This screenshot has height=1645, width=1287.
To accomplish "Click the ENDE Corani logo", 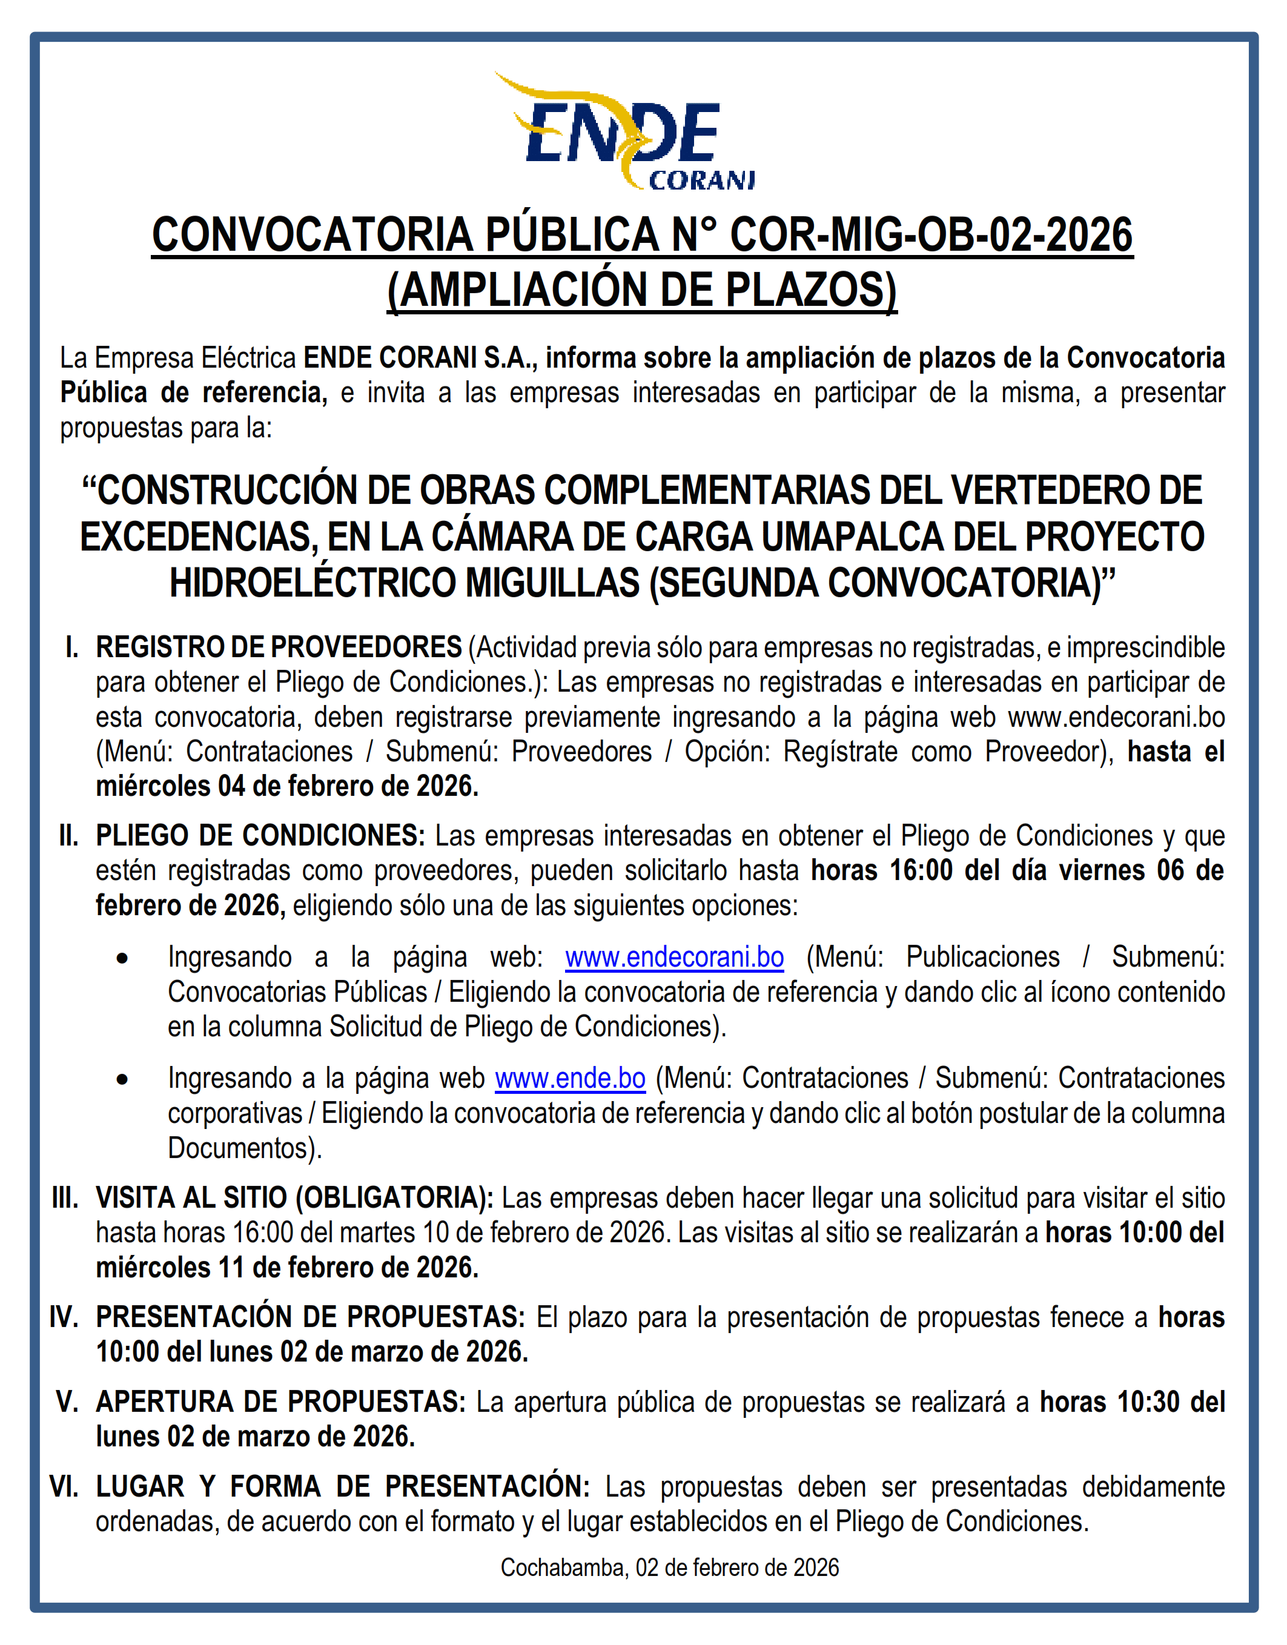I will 624,132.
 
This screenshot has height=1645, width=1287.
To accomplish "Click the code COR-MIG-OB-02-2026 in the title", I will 931,234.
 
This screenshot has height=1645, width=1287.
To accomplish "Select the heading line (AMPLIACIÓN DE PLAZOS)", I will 642,290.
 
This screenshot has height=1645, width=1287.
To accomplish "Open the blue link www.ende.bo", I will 570,1078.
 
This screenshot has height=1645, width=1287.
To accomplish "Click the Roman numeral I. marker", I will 72,647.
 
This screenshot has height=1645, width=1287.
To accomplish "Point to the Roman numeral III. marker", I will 65,1198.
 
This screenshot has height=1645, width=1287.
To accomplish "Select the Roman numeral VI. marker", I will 64,1487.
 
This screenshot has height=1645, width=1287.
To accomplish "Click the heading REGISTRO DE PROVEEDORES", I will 279,647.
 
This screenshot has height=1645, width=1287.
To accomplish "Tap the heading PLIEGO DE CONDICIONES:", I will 260,836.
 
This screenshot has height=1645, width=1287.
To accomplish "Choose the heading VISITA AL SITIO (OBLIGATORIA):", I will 294,1198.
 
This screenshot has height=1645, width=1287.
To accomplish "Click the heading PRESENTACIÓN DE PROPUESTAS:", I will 309,1317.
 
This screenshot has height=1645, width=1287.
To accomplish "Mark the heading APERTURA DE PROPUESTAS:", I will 280,1402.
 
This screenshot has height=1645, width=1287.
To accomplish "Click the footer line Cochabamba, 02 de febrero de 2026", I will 669,1568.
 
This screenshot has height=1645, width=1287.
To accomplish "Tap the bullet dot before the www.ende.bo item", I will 122,1080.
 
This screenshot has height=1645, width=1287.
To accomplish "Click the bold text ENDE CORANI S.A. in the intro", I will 420,358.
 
